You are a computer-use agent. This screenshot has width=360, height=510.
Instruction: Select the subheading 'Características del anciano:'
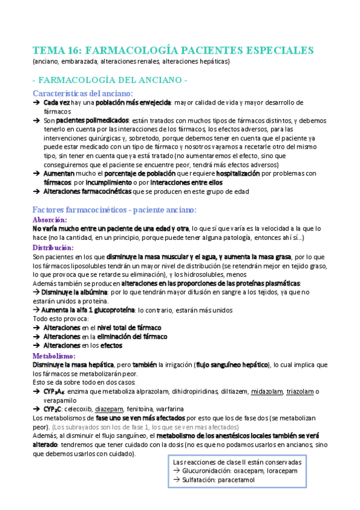pos(83,94)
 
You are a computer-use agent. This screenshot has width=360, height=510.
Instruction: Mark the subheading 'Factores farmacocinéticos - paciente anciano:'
pos(114,210)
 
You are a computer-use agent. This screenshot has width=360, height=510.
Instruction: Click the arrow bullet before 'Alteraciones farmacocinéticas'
pos(36,192)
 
